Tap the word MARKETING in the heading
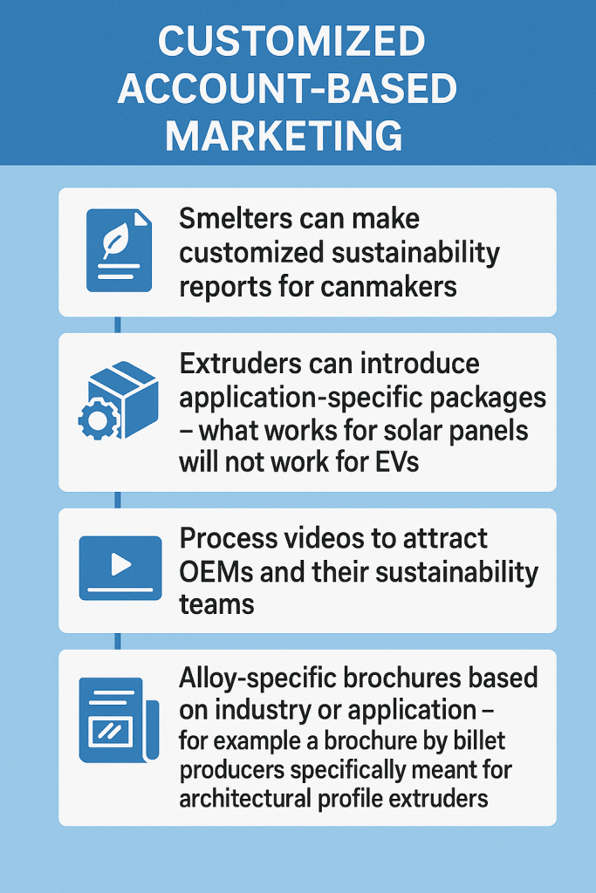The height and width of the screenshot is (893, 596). point(285,137)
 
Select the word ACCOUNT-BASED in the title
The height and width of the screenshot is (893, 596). point(287,89)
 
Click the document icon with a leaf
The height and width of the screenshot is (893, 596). point(119,249)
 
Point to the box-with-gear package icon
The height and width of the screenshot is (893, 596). point(119,400)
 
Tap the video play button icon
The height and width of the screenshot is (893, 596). point(120,566)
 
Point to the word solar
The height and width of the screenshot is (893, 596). point(404,429)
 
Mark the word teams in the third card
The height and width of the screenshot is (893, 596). point(216,603)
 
